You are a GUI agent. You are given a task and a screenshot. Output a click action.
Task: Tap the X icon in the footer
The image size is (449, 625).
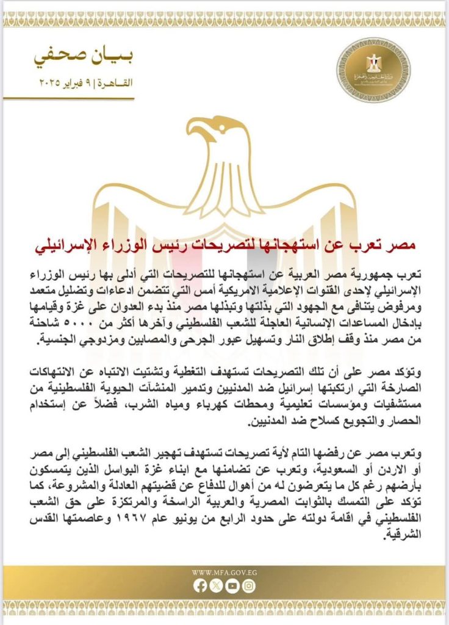tap(217, 586)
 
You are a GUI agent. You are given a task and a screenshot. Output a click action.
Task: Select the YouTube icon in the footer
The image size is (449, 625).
tap(232, 586)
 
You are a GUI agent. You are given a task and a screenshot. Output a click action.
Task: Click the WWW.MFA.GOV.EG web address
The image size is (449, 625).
tap(224, 573)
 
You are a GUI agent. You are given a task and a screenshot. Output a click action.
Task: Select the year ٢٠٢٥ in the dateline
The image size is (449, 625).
tap(51, 82)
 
